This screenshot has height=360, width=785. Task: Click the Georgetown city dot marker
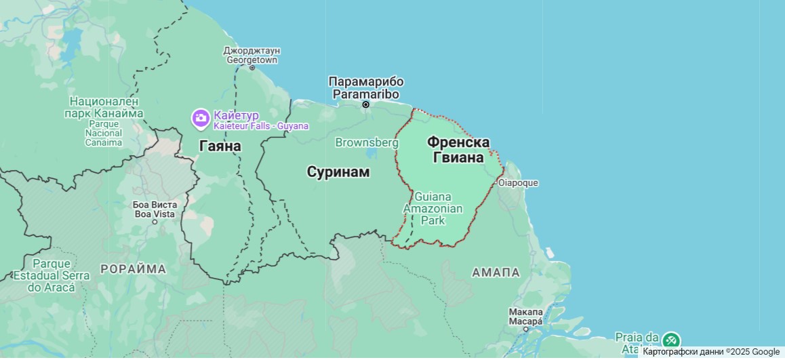pyautogui.click(x=252, y=68)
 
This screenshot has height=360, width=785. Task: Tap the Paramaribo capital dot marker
pyautogui.click(x=365, y=104)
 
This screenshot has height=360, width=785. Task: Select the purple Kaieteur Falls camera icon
pyautogui.click(x=201, y=119)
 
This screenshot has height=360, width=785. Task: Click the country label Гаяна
pyautogui.click(x=220, y=146)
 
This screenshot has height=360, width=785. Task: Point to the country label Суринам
pyautogui.click(x=338, y=172)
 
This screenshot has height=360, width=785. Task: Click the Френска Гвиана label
pyautogui.click(x=458, y=150)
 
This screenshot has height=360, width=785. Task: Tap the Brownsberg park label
pyautogui.click(x=367, y=142)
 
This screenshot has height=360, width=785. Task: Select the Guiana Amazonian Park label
pyautogui.click(x=433, y=208)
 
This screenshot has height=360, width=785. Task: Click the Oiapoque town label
pyautogui.click(x=518, y=183)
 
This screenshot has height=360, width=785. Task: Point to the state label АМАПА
pyautogui.click(x=496, y=273)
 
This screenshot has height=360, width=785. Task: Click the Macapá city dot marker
pyautogui.click(x=525, y=329)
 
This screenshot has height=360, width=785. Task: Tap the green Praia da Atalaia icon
pyautogui.click(x=671, y=340)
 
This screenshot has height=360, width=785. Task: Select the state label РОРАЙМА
pyautogui.click(x=133, y=269)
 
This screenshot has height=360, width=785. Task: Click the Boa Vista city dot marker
pyautogui.click(x=155, y=222)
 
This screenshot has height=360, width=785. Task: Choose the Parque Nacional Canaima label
pyautogui.click(x=104, y=121)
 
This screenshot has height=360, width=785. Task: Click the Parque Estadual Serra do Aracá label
pyautogui.click(x=52, y=275)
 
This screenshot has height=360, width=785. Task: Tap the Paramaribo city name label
pyautogui.click(x=366, y=88)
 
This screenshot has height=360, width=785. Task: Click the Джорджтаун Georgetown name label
pyautogui.click(x=252, y=55)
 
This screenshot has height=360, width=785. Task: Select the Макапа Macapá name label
pyautogui.click(x=525, y=316)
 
